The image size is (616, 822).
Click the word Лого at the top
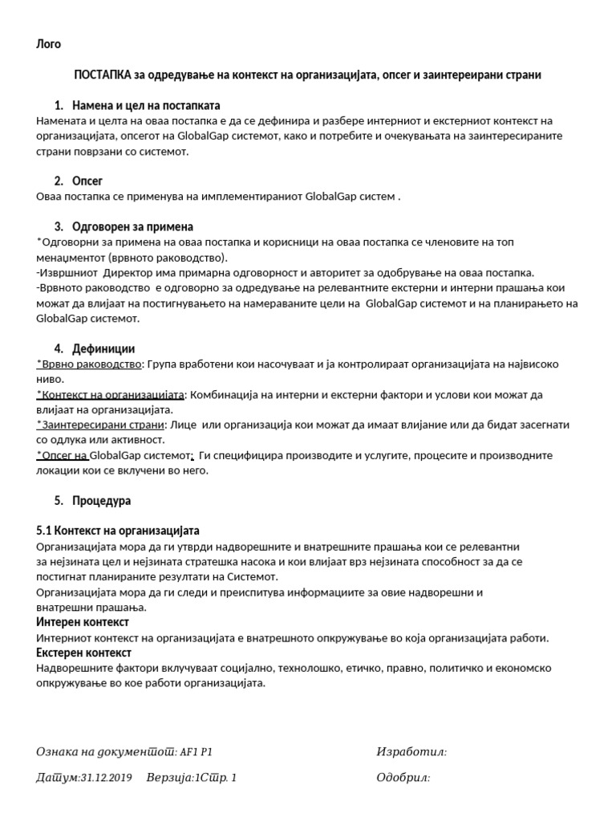pyautogui.click(x=49, y=44)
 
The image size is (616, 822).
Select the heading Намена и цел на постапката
pyautogui.click(x=146, y=105)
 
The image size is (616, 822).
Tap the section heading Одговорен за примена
pyautogui.click(x=132, y=226)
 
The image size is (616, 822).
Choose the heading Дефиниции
pyautogui.click(x=103, y=348)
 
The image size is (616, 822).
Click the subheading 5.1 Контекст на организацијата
pyautogui.click(x=118, y=531)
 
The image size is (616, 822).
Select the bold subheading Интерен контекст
pyautogui.click(x=83, y=622)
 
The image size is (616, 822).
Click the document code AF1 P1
pyautogui.click(x=197, y=752)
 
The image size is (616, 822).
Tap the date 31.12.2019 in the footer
pyautogui.click(x=107, y=778)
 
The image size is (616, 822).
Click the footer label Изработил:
pyautogui.click(x=411, y=752)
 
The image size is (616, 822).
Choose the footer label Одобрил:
pyautogui.click(x=403, y=778)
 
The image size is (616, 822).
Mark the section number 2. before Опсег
pyautogui.click(x=59, y=181)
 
